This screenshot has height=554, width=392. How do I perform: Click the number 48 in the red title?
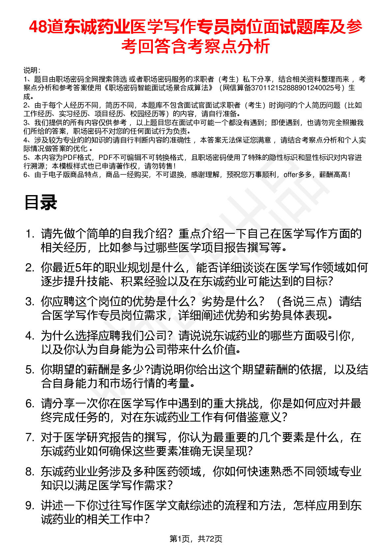38,27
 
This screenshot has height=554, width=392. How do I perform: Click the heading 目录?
41,202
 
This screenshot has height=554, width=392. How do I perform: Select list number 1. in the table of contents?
30,234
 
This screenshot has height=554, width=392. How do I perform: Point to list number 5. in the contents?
30,370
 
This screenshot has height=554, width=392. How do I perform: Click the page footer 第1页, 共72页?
196,539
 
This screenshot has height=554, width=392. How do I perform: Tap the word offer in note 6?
291,175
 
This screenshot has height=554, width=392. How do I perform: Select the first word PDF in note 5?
70,158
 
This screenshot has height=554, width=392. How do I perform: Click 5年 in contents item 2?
81,268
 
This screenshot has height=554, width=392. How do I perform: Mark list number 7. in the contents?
30,438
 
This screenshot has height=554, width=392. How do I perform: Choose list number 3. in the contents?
30,302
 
